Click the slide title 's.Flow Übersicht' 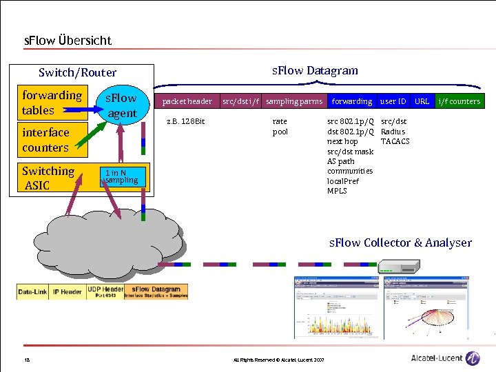pos(68,41)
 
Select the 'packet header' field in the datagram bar pos(187,101)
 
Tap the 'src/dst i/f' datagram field pos(240,101)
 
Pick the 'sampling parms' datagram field pos(294,101)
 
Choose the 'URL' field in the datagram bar pos(422,101)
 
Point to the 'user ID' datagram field pos(393,101)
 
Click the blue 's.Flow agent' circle pos(121,105)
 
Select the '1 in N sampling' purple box pos(121,176)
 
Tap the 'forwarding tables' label pos(52,103)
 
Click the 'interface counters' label pos(45,140)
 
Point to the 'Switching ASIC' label pos(48,178)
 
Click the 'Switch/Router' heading pos(78,72)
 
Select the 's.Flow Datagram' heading pos(315,70)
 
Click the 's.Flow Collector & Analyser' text pos(400,242)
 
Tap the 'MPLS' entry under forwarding pos(337,191)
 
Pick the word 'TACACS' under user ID pos(395,141)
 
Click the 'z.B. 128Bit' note pos(187,122)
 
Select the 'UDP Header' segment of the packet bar pos(105,292)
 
